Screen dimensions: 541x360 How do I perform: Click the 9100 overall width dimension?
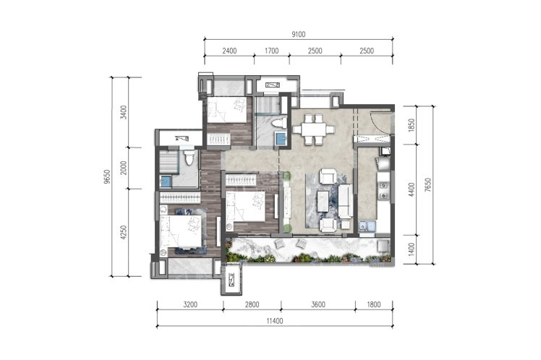(x=299, y=35)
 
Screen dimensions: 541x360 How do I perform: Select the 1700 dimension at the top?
(x=271, y=51)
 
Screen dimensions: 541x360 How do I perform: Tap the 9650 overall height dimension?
(x=108, y=176)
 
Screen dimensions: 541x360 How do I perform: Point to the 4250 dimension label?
(x=124, y=233)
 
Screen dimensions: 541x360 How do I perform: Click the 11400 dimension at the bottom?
(x=275, y=321)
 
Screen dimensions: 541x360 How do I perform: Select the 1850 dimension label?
(x=412, y=125)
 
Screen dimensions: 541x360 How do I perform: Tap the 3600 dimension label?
(x=318, y=304)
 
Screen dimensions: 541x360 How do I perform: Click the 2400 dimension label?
(x=229, y=51)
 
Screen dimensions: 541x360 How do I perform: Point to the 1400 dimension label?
(x=412, y=249)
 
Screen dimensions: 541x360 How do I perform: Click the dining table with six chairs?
(x=314, y=129)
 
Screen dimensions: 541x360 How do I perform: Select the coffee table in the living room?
(x=323, y=202)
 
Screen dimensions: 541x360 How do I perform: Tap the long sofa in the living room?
(x=346, y=201)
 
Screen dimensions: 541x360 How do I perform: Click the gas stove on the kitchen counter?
(x=383, y=191)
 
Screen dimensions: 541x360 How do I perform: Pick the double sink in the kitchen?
(x=367, y=226)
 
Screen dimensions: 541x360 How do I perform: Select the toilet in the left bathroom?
(x=188, y=158)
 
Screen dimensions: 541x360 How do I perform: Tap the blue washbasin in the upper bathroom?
(x=281, y=138)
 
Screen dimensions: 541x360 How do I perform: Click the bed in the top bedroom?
(x=227, y=110)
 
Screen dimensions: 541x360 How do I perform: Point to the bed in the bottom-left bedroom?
(x=180, y=231)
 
